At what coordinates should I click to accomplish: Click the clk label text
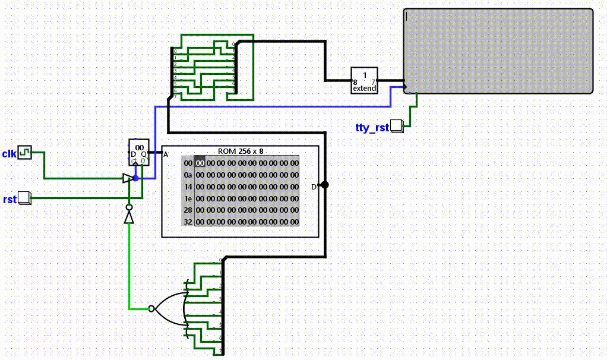(9, 153)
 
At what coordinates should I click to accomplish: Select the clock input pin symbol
(24, 153)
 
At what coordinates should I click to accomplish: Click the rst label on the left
(9, 199)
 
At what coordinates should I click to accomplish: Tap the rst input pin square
(24, 198)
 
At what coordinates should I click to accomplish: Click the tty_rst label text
(372, 128)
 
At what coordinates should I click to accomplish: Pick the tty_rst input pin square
(397, 126)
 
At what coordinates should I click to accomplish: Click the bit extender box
(364, 80)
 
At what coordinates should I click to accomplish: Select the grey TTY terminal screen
(498, 51)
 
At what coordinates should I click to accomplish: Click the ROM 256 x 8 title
(241, 151)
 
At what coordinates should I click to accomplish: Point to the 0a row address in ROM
(188, 175)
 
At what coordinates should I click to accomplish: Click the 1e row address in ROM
(188, 198)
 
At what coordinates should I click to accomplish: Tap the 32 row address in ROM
(188, 222)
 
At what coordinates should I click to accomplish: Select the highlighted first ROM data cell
(200, 163)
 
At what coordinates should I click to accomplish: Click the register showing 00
(139, 153)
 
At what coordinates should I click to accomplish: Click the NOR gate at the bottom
(169, 308)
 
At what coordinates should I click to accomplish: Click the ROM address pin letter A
(166, 154)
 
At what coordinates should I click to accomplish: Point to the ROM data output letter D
(314, 187)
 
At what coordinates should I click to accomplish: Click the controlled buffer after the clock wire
(127, 178)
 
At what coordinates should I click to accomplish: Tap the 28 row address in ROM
(188, 210)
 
